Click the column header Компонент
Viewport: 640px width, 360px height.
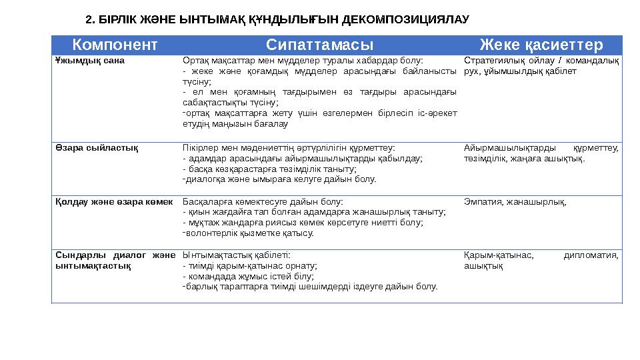pos(115,45)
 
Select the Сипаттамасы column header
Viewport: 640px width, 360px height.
pos(319,45)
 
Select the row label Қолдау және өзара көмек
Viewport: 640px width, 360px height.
pos(113,201)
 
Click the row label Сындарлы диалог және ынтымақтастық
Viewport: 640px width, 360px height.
pos(113,260)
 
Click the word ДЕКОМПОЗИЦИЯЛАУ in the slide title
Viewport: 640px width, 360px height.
pos(405,19)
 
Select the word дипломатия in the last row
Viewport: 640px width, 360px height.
pos(590,255)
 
